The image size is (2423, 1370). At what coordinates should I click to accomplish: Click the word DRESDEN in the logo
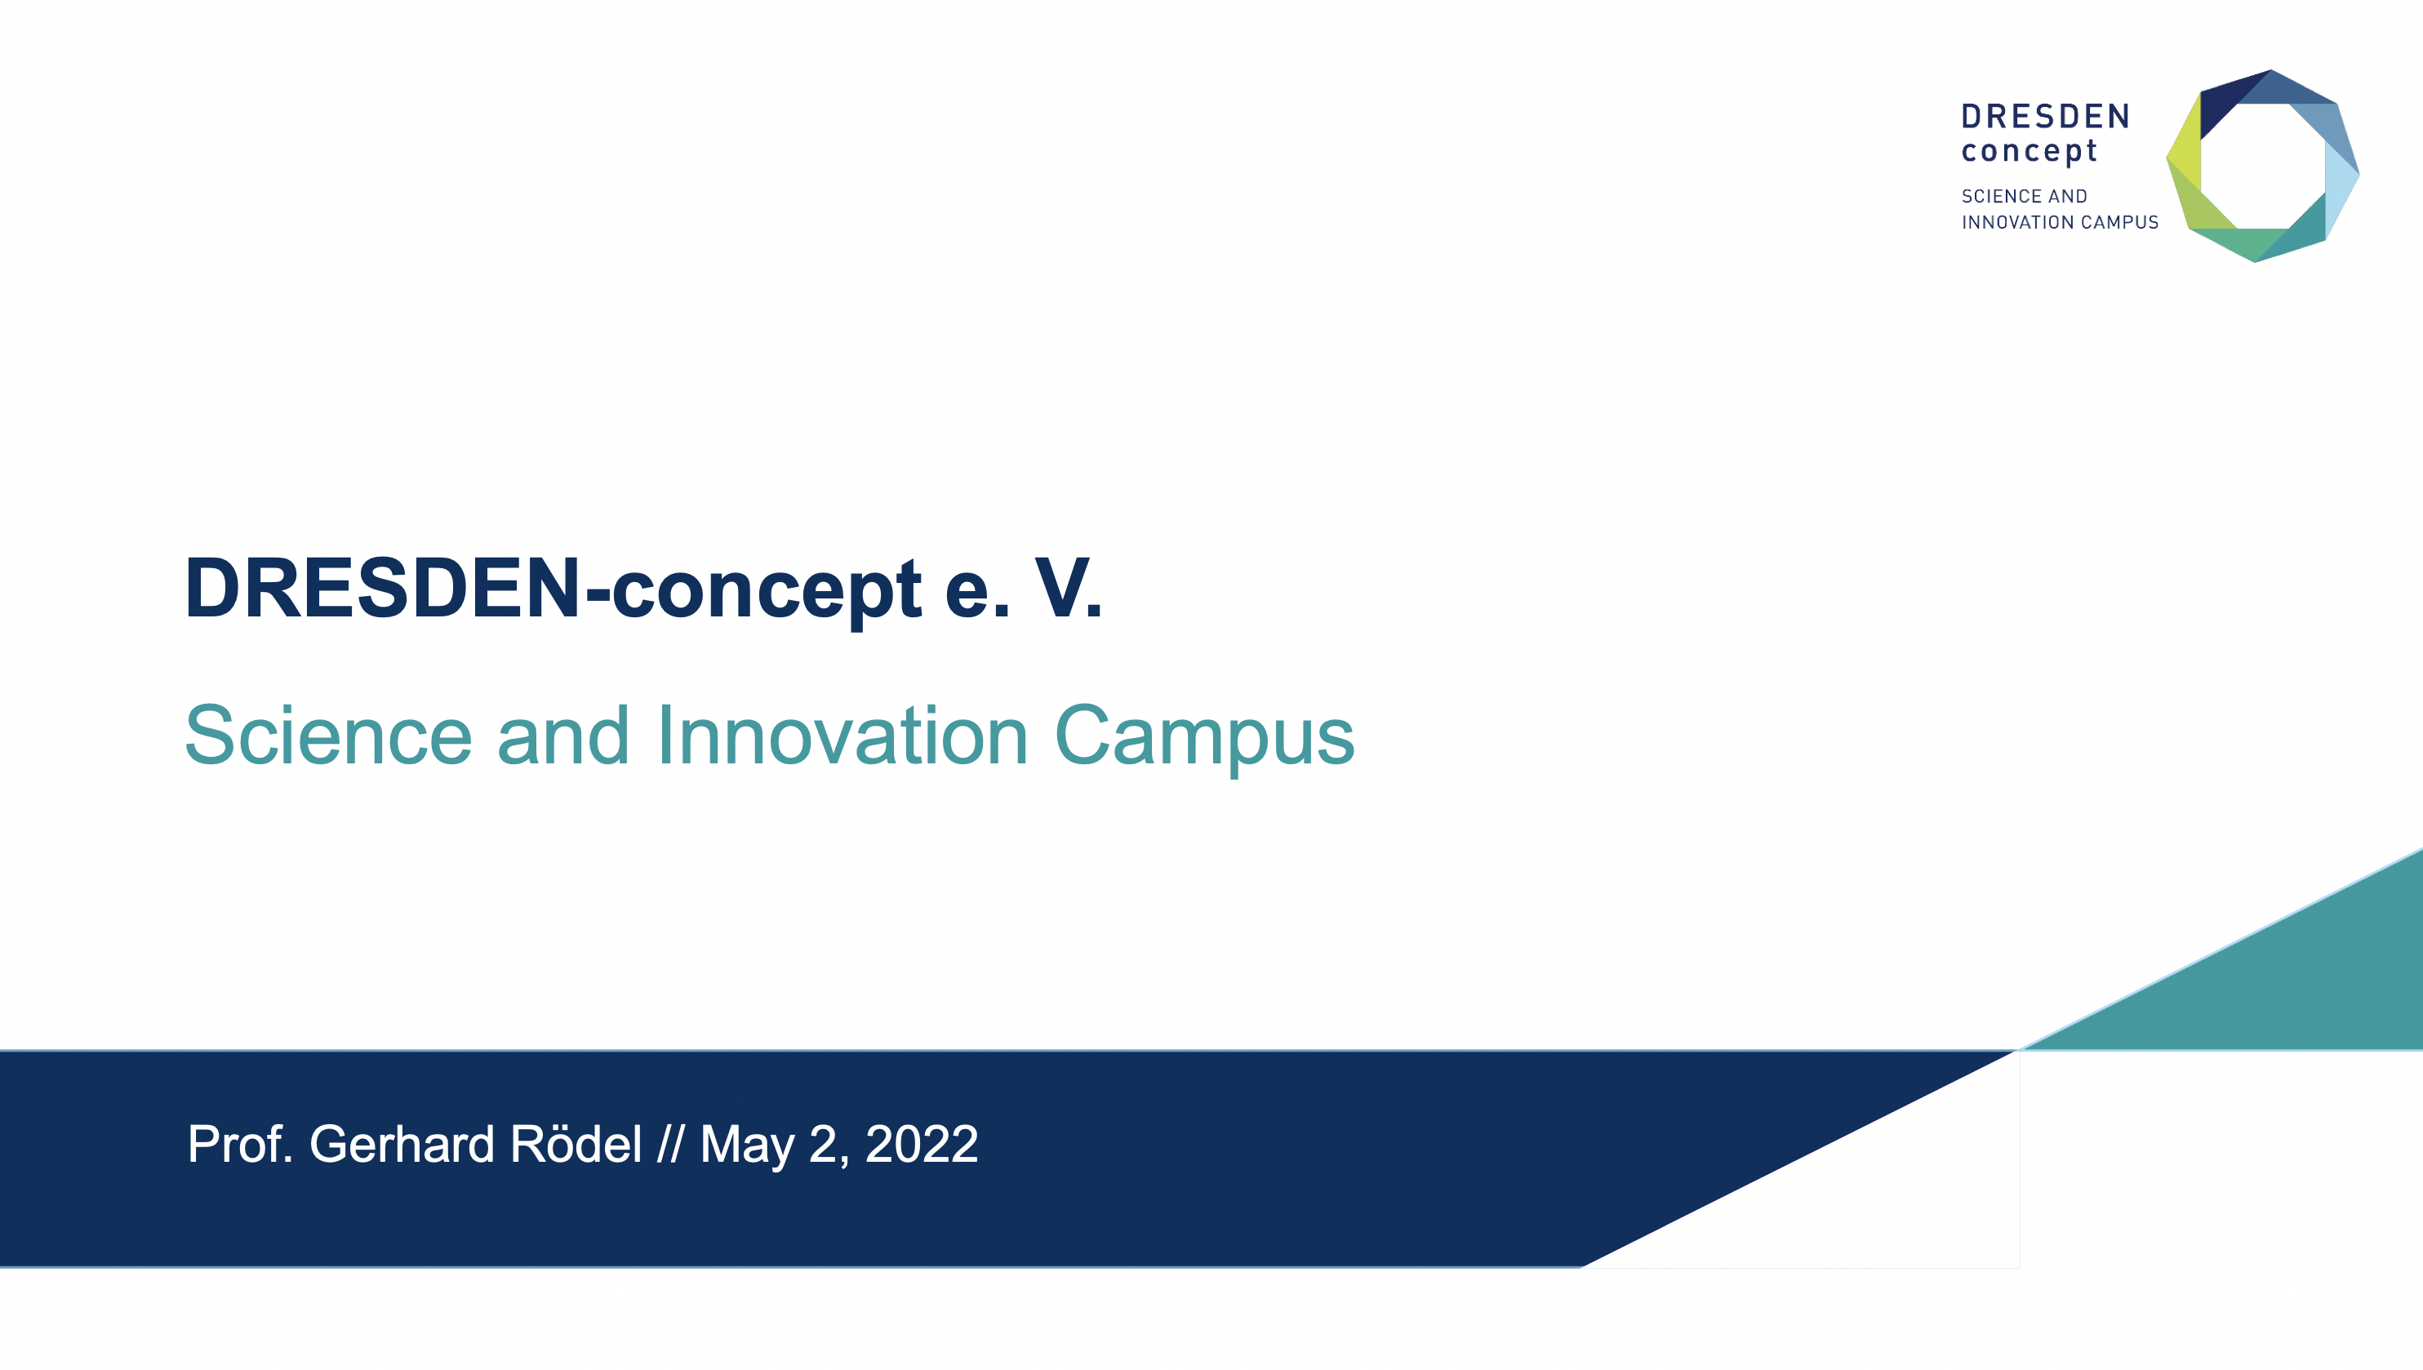click(2046, 117)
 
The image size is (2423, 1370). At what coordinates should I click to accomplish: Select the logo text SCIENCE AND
click(2024, 197)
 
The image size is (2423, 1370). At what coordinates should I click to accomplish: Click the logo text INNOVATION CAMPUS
click(2060, 223)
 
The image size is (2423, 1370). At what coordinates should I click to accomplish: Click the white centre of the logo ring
click(2263, 166)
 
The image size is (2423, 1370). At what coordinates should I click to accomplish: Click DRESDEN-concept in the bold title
click(553, 589)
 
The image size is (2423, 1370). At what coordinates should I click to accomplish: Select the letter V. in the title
click(1069, 589)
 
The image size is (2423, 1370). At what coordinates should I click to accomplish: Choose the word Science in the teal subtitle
click(328, 736)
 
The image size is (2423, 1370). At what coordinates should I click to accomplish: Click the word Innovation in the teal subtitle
click(842, 736)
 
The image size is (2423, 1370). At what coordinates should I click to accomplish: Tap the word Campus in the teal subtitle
click(1205, 739)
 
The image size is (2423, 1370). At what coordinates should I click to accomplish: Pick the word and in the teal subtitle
click(562, 736)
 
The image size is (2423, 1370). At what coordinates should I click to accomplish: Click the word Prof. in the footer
click(241, 1144)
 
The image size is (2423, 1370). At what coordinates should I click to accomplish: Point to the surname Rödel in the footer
click(576, 1143)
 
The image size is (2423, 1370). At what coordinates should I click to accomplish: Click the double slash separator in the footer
click(671, 1144)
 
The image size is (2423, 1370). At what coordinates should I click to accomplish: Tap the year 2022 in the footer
click(921, 1144)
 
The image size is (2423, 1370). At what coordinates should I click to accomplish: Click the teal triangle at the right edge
click(2286, 979)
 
